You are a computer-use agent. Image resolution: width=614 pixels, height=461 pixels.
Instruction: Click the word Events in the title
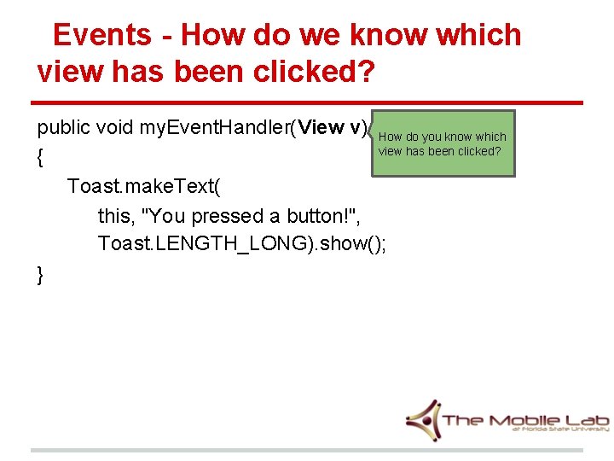[x=101, y=35]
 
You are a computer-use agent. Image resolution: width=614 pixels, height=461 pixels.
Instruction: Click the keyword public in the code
[x=63, y=128]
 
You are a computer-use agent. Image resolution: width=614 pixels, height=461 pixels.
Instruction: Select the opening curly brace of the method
[x=41, y=158]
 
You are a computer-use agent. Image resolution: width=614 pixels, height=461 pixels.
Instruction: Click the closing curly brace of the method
[x=41, y=274]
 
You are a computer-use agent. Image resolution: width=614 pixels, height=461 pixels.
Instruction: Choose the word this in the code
[x=113, y=216]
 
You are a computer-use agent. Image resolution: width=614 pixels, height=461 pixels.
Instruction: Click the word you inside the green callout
[x=426, y=137]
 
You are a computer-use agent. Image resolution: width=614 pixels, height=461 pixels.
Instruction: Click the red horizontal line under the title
[x=307, y=103]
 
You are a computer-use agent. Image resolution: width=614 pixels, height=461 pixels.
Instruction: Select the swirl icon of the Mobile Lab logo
[x=423, y=419]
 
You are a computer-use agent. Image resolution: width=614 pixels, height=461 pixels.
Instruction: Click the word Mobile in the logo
[x=523, y=419]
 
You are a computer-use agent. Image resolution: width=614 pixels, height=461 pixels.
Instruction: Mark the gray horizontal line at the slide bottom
[x=307, y=450]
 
